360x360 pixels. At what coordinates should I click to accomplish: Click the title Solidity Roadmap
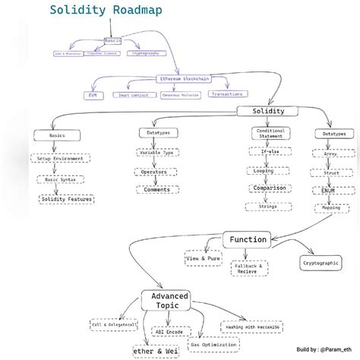(x=106, y=11)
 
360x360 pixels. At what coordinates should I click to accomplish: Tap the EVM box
(x=93, y=96)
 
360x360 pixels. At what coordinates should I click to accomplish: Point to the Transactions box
(x=228, y=94)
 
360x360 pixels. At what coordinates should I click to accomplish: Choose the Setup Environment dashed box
(x=60, y=159)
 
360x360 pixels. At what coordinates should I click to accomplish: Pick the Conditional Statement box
(x=270, y=134)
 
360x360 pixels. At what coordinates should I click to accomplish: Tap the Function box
(x=248, y=240)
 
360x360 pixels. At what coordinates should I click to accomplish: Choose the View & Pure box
(x=204, y=258)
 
